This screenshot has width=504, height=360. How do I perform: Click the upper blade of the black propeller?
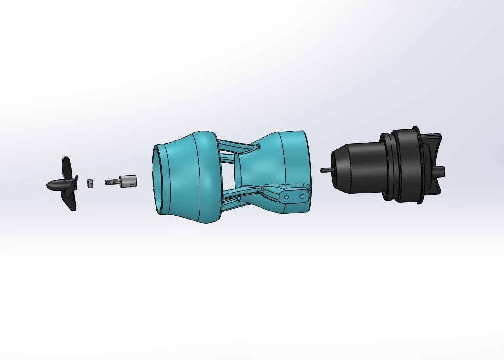67,167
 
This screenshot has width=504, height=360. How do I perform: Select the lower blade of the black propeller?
71,201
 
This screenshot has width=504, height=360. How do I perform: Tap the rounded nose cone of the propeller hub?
51,185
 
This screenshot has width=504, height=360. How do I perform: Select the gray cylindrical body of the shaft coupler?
128,181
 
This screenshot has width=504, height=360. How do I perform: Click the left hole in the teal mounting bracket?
286,195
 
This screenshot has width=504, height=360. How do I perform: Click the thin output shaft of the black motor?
325,170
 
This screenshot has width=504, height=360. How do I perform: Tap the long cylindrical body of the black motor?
364,168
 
